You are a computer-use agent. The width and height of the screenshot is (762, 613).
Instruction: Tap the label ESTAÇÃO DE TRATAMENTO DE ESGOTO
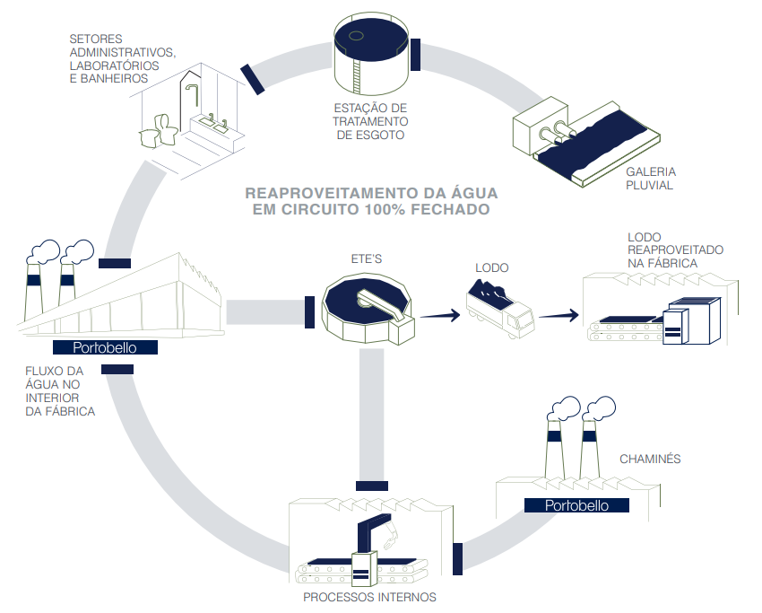point(370,121)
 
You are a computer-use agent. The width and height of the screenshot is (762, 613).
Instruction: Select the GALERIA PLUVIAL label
point(651,178)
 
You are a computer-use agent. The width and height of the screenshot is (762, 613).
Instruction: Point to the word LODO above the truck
point(492,267)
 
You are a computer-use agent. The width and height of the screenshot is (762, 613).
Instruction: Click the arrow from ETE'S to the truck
point(438,315)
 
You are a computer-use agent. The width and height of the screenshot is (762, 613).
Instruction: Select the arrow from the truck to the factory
point(559,315)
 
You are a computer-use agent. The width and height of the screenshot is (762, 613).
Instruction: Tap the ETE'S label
point(366,258)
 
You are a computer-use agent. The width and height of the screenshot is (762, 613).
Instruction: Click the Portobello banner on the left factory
point(106,347)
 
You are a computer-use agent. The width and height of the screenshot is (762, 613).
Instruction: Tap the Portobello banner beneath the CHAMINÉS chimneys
point(576,505)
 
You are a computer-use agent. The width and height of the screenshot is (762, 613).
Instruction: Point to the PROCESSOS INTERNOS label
point(369,597)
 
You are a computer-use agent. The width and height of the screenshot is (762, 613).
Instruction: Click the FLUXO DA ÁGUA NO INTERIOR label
point(56,391)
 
